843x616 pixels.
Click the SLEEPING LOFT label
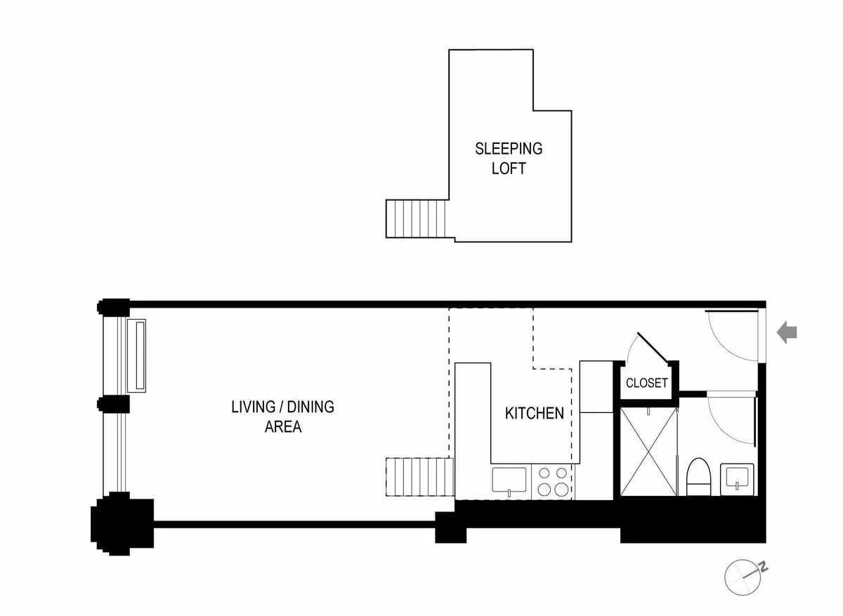[509, 158]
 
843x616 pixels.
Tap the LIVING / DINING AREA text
[282, 416]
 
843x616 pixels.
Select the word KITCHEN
[534, 413]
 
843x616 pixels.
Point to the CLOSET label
[646, 384]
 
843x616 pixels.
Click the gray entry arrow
[787, 332]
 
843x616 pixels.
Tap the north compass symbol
[744, 576]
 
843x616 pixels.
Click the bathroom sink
[738, 478]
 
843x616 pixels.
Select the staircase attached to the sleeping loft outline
[417, 218]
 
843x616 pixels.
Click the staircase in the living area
[417, 476]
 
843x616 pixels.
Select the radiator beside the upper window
[136, 355]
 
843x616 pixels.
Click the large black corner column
[119, 520]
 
